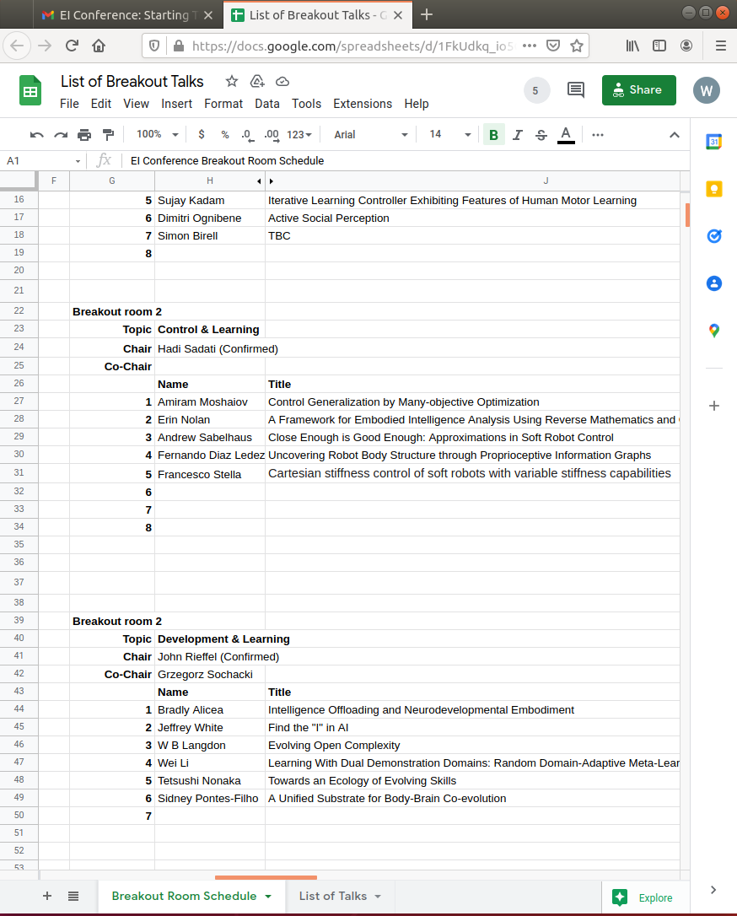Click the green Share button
638,90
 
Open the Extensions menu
363,104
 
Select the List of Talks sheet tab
340,896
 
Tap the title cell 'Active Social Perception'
329,218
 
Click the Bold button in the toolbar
493,135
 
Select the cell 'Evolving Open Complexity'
334,746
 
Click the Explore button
644,897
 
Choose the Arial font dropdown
369,135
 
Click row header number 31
19,473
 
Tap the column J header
546,181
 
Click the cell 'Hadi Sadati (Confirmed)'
218,348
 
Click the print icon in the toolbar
84,135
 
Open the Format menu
223,104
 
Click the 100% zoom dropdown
157,135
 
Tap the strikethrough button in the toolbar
541,135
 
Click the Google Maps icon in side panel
713,331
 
